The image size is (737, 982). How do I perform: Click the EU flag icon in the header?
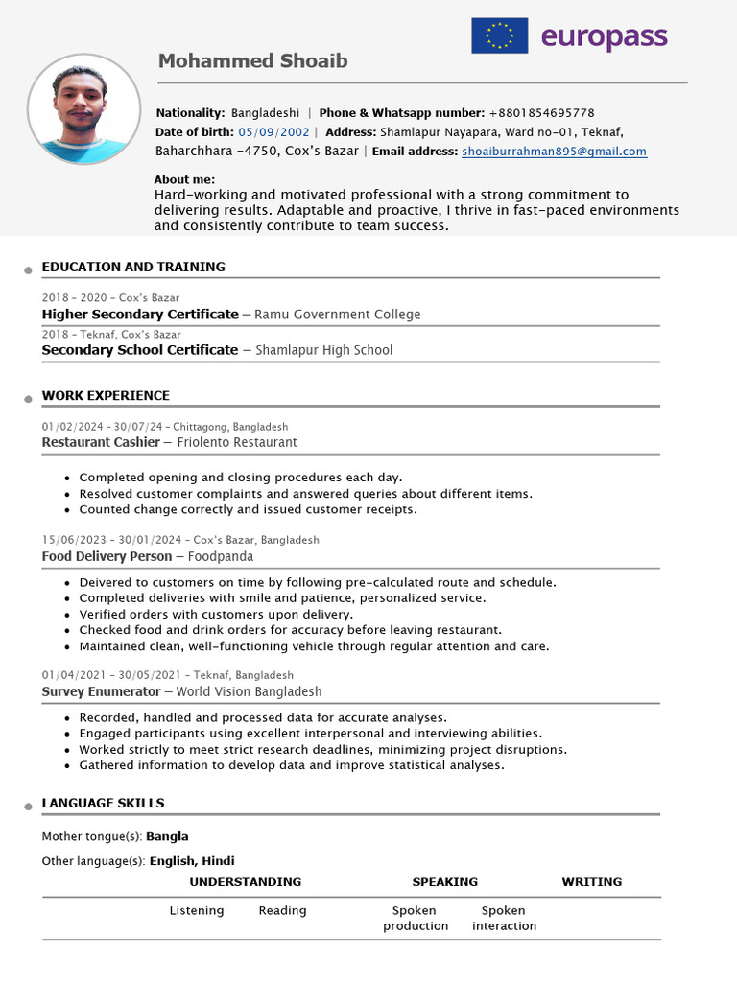(x=499, y=35)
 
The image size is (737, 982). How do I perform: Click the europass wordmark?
(x=604, y=36)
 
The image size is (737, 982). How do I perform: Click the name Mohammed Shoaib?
(x=252, y=61)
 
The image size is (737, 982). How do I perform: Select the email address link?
(x=554, y=152)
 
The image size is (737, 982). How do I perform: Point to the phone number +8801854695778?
(x=541, y=113)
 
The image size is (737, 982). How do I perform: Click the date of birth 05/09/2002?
(x=273, y=132)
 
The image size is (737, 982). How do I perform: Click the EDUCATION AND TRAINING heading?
(x=133, y=267)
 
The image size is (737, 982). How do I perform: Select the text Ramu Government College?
(x=338, y=315)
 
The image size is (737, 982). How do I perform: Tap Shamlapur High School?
(x=324, y=350)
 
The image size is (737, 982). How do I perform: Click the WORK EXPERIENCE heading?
(x=106, y=395)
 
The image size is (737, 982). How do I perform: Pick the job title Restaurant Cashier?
(x=101, y=442)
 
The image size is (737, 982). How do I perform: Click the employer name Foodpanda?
(x=221, y=556)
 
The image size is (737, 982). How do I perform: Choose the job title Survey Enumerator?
(x=101, y=691)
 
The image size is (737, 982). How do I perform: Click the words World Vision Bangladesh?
(x=249, y=691)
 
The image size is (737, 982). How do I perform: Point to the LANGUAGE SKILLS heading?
(x=103, y=803)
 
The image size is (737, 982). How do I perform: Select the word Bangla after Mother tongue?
(x=167, y=836)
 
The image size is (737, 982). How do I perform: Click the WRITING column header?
(x=591, y=881)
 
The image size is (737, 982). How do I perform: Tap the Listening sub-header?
(x=197, y=910)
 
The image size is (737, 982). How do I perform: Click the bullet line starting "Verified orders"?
(x=216, y=614)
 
